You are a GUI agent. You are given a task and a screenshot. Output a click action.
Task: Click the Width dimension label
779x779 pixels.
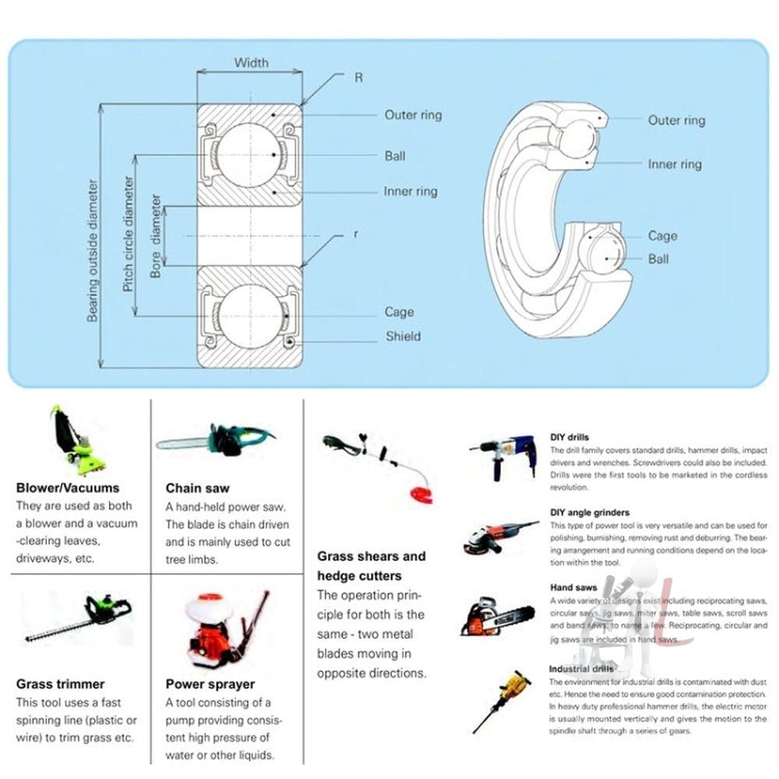pyautogui.click(x=251, y=62)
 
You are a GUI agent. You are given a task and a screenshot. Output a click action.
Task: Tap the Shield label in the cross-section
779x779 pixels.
pyautogui.click(x=403, y=337)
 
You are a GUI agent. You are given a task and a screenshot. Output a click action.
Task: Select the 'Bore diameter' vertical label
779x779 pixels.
pyautogui.click(x=157, y=236)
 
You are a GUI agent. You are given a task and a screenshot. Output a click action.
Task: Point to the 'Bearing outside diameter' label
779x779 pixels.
pyautogui.click(x=93, y=251)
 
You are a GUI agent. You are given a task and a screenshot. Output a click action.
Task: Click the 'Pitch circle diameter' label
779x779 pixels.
pyautogui.click(x=129, y=234)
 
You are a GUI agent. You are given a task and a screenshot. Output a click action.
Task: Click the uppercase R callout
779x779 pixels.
pyautogui.click(x=358, y=78)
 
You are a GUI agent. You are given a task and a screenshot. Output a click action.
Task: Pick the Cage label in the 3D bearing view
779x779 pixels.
pyautogui.click(x=662, y=236)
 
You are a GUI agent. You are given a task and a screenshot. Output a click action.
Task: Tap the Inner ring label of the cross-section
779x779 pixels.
pyautogui.click(x=411, y=192)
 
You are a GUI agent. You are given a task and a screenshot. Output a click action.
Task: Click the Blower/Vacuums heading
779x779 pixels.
pyautogui.click(x=68, y=488)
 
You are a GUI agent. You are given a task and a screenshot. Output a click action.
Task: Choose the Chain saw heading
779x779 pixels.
pyautogui.click(x=197, y=488)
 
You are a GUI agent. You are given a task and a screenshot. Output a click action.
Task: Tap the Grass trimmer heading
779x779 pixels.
pyautogui.click(x=60, y=684)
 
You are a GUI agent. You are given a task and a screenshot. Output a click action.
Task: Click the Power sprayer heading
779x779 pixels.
pyautogui.click(x=210, y=684)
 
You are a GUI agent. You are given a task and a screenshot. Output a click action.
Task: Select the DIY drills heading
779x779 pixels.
pyautogui.click(x=569, y=438)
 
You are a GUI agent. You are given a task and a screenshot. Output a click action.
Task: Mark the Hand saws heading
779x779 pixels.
pyautogui.click(x=573, y=587)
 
